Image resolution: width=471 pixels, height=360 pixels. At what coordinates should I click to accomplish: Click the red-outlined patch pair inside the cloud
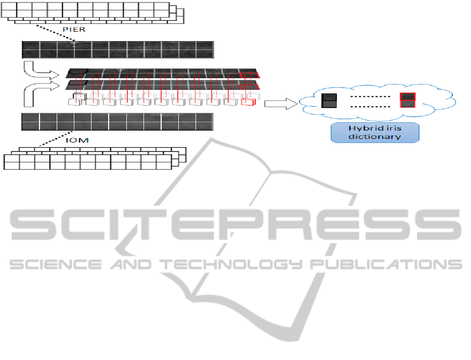click(x=407, y=100)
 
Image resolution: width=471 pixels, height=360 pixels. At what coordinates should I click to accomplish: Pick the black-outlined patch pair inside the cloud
click(x=329, y=100)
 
